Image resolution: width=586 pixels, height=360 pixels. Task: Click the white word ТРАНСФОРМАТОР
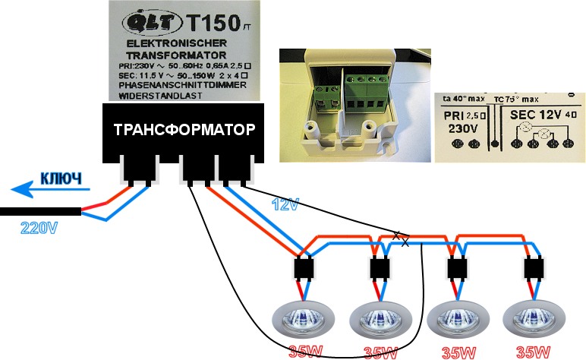pyautogui.click(x=183, y=129)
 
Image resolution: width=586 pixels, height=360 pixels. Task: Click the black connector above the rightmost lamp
pyautogui.click(x=533, y=269)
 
